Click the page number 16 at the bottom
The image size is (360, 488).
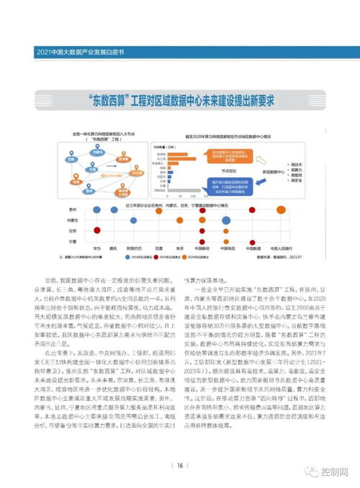[180, 465]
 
